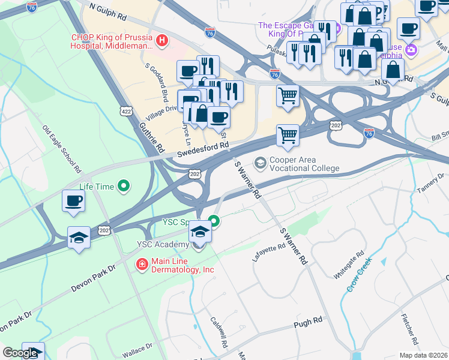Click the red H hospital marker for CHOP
tap(161, 41)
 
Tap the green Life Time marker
tap(124, 187)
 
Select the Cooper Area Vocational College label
tap(304, 164)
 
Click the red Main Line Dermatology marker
tap(141, 265)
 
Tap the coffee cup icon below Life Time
tap(73, 200)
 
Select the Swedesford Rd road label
tap(203, 149)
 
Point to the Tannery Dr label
tap(430, 185)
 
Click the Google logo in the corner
tap(20, 353)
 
